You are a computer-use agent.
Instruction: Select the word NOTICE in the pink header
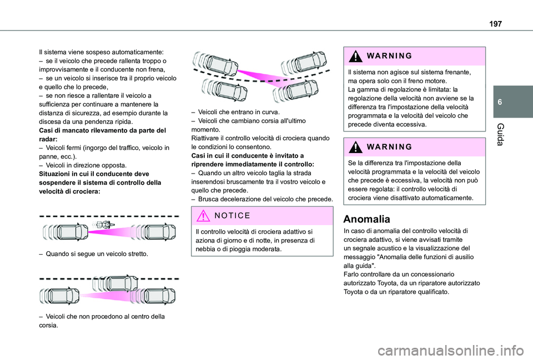[x=233, y=215]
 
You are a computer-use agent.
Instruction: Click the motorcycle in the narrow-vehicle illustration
[x=102, y=225]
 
